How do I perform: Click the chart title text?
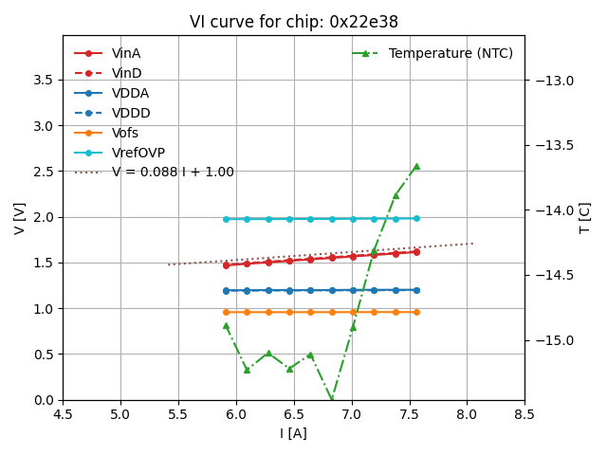coord(293,22)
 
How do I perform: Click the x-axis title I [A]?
coord(293,433)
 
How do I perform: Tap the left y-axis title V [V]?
coord(20,218)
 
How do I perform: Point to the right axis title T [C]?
coord(584,218)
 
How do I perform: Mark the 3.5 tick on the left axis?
coord(44,80)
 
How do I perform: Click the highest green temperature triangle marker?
coord(416,166)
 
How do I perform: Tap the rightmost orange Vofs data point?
coord(416,312)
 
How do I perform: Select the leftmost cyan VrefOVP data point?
coord(226,219)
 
